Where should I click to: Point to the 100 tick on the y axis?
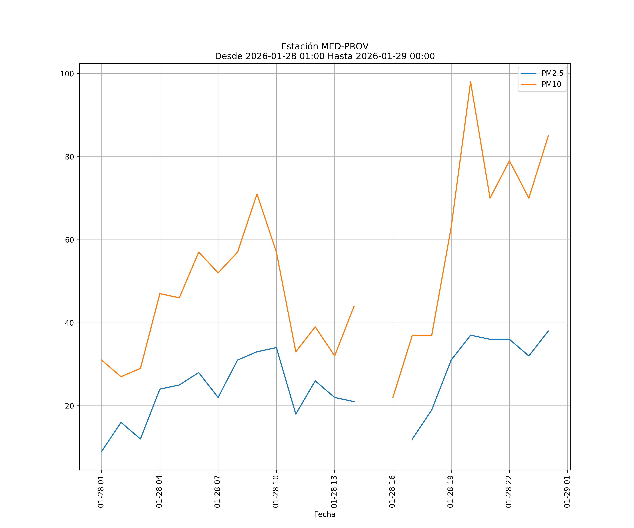tap(67, 74)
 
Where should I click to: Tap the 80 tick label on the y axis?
tap(69, 157)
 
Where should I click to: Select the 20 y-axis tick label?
tap(69, 406)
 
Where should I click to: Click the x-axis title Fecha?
tap(325, 514)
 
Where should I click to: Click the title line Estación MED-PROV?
tap(325, 46)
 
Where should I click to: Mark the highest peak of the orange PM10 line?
tap(470, 82)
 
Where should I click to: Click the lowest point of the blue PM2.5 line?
tap(101, 452)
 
